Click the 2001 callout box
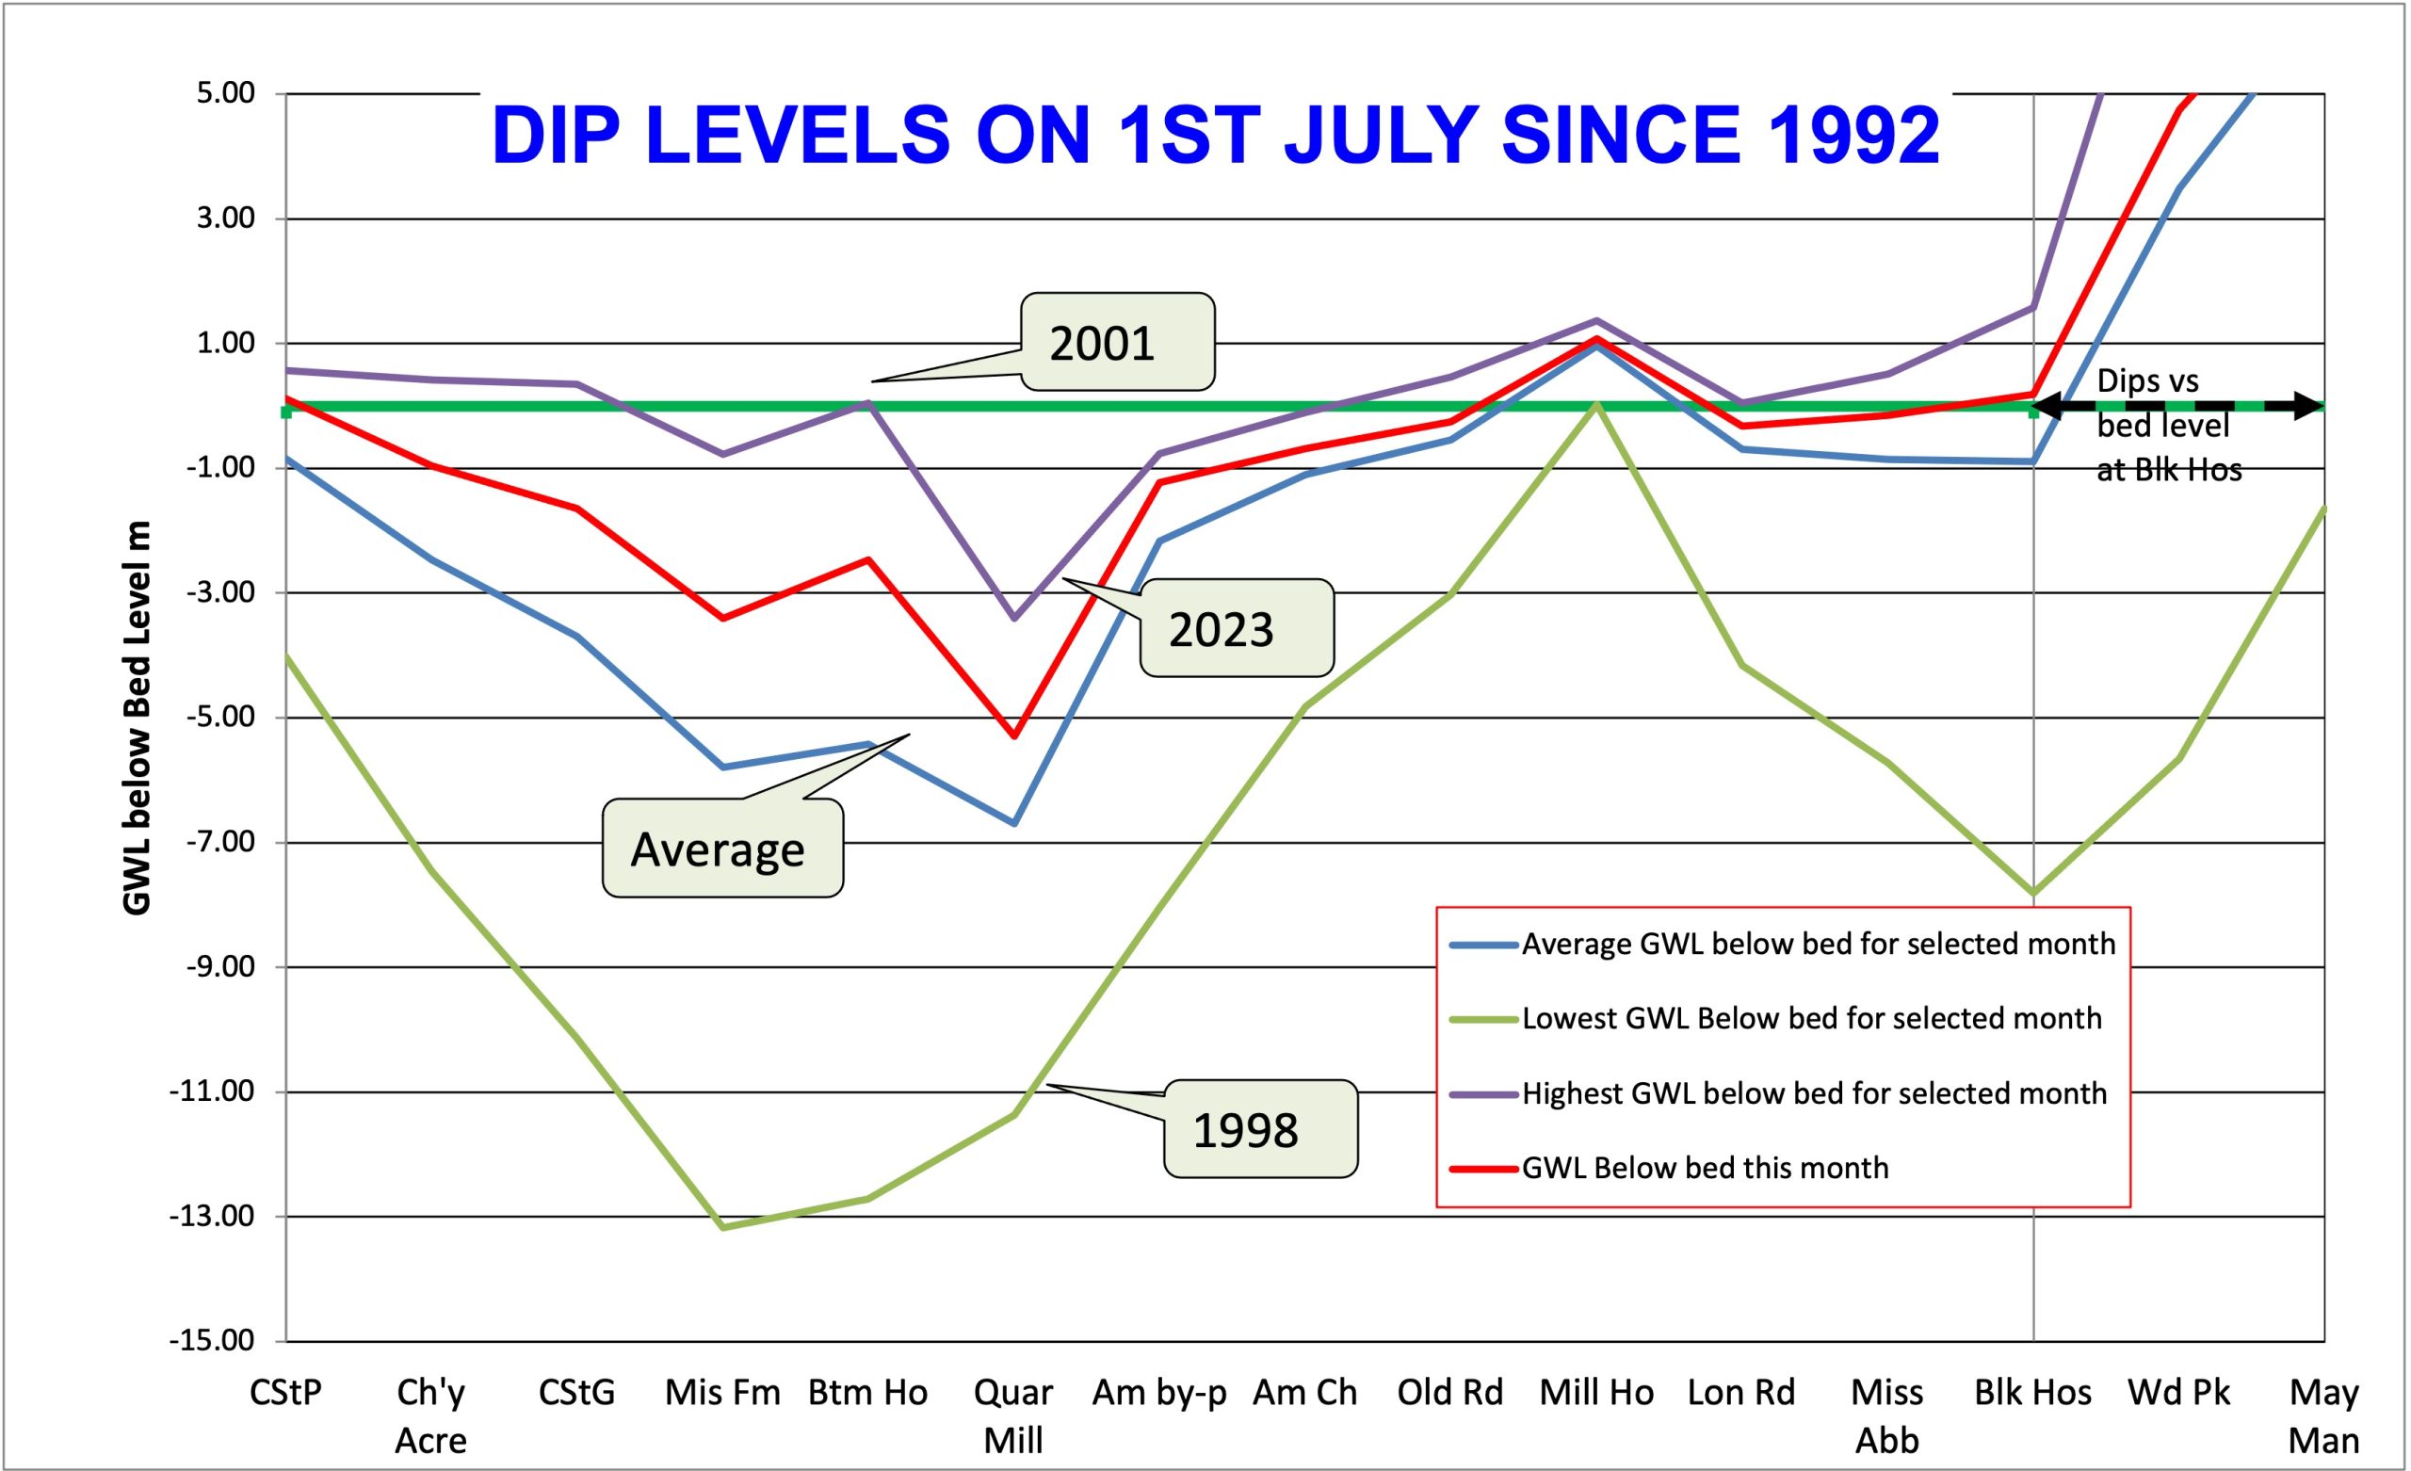[x=1116, y=343]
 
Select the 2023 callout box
[x=1236, y=628]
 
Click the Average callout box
[x=722, y=849]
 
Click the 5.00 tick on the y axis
[x=225, y=94]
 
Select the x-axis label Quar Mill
[x=1013, y=1415]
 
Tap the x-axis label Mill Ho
[x=1596, y=1392]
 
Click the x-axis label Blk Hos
[x=2032, y=1392]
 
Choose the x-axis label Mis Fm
[x=722, y=1392]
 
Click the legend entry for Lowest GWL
[x=1810, y=1019]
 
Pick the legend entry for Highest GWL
[x=1813, y=1093]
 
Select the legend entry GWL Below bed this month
[x=1705, y=1168]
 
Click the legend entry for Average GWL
[x=1817, y=945]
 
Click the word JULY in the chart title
[x=1379, y=134]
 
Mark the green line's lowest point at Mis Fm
[x=723, y=1227]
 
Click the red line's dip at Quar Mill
[x=1014, y=736]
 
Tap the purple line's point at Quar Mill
[x=1014, y=618]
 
